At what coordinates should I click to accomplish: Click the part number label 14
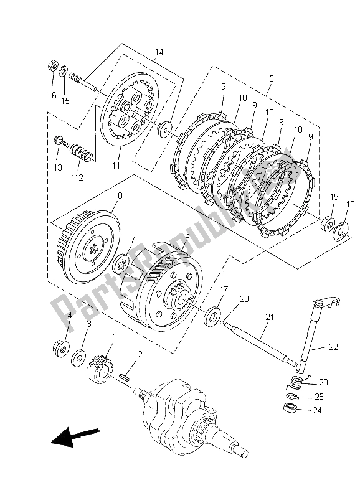click(x=159, y=52)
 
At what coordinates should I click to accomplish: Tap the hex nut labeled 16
click(x=53, y=67)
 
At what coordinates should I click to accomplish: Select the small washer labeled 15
click(x=64, y=70)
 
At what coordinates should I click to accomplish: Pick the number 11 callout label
click(x=116, y=166)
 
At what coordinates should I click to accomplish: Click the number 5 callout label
click(x=271, y=78)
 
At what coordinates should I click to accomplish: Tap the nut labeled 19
click(x=328, y=224)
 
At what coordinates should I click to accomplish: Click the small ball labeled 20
click(x=223, y=324)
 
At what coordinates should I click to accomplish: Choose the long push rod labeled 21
click(x=260, y=344)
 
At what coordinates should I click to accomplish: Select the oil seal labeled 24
click(x=290, y=408)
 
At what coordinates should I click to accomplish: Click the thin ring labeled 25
click(x=292, y=397)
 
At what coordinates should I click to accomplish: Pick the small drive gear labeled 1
click(x=100, y=370)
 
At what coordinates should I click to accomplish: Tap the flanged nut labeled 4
click(x=62, y=347)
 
